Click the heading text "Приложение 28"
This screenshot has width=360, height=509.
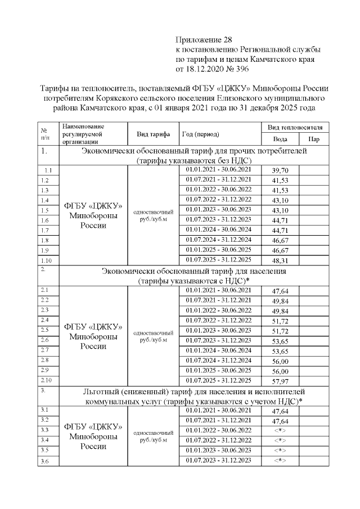(204, 39)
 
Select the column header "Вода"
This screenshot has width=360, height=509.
(280, 139)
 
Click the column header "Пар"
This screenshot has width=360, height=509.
(315, 139)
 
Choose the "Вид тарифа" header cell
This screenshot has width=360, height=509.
(153, 134)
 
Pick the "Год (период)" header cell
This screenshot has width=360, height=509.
(200, 134)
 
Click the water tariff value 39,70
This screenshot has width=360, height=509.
(280, 170)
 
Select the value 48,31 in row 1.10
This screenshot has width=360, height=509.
(280, 261)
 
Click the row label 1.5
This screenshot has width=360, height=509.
(46, 210)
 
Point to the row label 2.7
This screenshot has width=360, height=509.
(46, 350)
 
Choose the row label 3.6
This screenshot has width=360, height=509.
(46, 462)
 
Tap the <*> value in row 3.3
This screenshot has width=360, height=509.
(280, 430)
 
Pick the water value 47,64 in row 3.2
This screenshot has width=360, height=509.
(280, 421)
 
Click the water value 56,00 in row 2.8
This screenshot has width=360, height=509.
(280, 361)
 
